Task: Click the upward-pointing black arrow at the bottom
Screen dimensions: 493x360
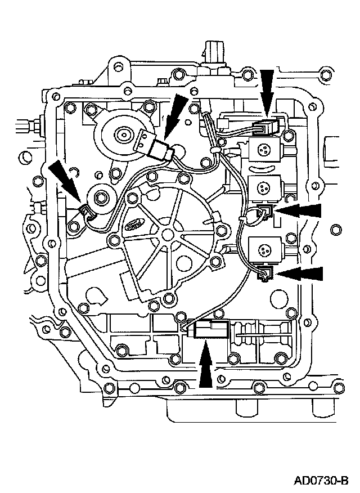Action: tap(206, 366)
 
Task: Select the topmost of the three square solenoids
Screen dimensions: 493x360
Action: tap(263, 149)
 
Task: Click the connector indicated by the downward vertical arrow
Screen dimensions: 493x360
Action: tap(268, 128)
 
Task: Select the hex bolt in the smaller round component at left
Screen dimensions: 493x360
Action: tap(102, 198)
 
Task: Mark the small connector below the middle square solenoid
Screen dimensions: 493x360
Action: tap(264, 212)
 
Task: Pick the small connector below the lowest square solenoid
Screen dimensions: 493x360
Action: tap(265, 274)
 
